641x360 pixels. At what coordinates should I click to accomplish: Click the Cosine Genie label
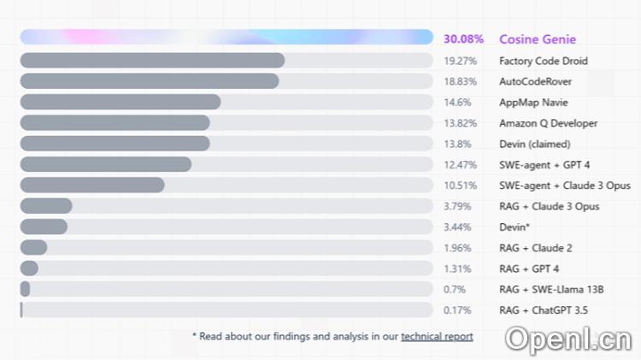[538, 38]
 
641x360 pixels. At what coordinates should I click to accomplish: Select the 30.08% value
[463, 38]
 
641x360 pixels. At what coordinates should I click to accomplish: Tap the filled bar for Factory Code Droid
[152, 61]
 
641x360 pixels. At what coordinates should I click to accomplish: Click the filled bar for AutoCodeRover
[150, 81]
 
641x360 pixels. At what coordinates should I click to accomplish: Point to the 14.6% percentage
[457, 102]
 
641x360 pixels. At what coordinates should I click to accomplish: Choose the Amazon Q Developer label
[548, 123]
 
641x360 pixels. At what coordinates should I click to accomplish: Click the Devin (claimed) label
[534, 144]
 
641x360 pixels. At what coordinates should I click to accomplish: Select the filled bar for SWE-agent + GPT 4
[106, 164]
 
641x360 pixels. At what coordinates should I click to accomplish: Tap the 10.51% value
[460, 186]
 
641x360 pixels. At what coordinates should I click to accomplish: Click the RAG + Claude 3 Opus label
[550, 206]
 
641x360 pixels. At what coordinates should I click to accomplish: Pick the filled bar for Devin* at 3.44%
[44, 227]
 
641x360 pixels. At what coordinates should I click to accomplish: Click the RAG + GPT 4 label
[529, 269]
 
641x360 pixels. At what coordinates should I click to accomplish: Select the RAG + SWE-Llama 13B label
[551, 289]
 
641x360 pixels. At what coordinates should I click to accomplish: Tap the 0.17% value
[458, 310]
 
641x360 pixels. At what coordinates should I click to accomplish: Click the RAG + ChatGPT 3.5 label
[544, 310]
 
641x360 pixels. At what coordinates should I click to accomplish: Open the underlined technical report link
[437, 336]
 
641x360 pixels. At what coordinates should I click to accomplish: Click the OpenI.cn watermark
[567, 339]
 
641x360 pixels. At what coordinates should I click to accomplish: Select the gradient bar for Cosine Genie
[226, 38]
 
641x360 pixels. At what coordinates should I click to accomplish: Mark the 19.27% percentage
[460, 61]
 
